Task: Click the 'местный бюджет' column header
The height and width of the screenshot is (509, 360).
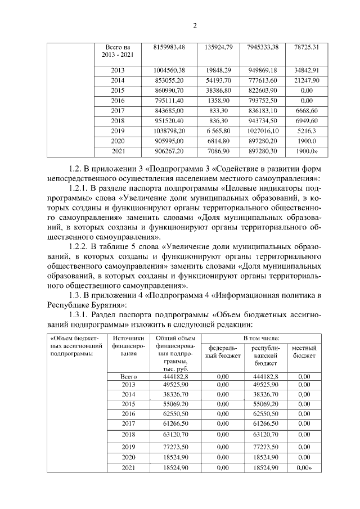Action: pos(304,352)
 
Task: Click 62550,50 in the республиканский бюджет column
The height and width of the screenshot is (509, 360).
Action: pos(263,412)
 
